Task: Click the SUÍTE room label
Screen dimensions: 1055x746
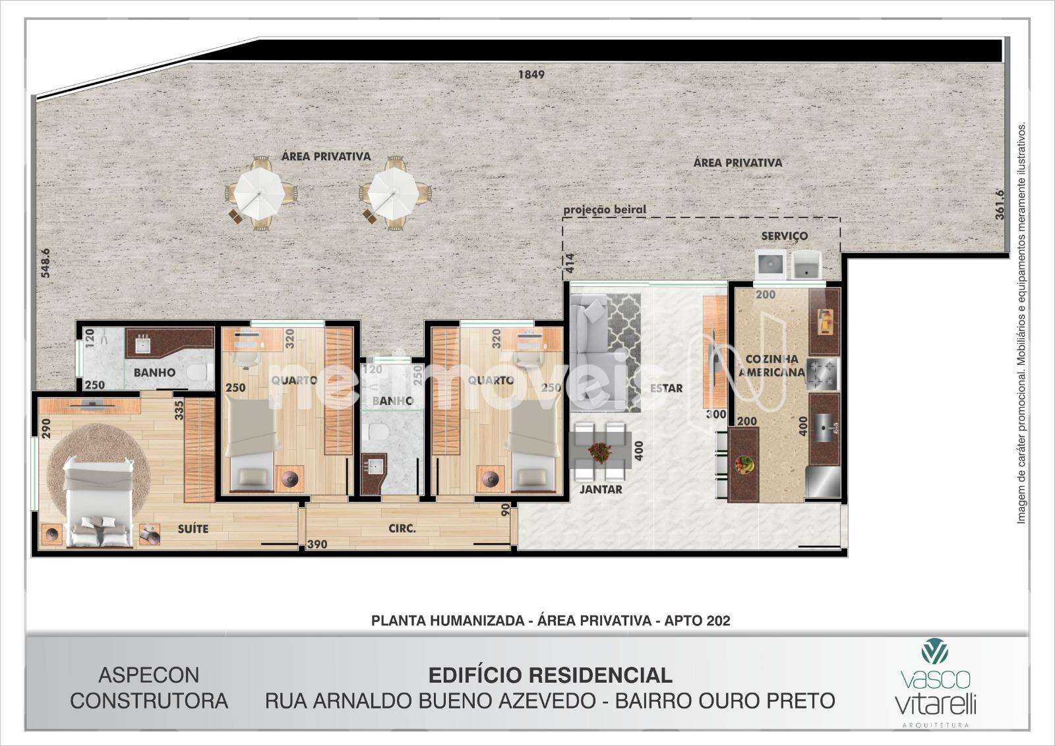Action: point(193,529)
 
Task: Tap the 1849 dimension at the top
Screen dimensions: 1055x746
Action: point(531,75)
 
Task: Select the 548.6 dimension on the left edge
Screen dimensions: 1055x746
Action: point(45,263)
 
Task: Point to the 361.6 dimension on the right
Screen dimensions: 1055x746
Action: point(1000,204)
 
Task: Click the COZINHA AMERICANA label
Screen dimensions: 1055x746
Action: point(772,365)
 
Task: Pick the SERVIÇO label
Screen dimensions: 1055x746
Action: point(785,235)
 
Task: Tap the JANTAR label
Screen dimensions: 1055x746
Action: point(601,489)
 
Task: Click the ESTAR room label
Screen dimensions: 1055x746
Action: point(667,388)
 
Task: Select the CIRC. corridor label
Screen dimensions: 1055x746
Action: point(402,529)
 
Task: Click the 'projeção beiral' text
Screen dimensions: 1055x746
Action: point(605,210)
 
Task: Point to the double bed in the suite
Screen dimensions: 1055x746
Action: point(99,503)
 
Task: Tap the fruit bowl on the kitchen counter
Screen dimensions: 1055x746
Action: point(744,464)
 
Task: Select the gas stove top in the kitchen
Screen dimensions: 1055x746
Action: point(822,374)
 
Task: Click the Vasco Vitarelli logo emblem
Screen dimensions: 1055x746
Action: point(935,651)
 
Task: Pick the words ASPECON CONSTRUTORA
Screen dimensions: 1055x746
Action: point(149,688)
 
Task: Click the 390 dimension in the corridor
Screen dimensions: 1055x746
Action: point(317,544)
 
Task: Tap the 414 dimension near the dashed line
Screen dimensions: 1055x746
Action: point(570,263)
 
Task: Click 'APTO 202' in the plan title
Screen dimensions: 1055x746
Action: point(697,621)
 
